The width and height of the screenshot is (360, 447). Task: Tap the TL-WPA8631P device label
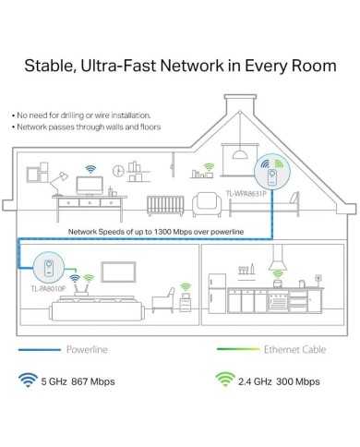click(246, 194)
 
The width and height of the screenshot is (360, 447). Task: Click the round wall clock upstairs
click(118, 171)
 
